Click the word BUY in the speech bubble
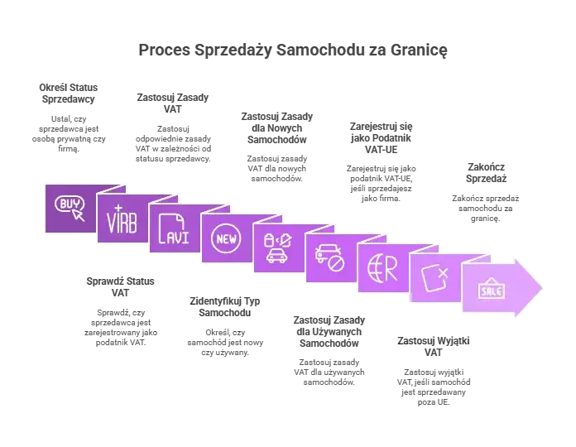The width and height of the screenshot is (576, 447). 67,203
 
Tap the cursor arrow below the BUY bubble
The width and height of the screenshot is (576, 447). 79,215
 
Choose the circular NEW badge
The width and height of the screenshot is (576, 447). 224,239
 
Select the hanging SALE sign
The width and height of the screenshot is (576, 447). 491,289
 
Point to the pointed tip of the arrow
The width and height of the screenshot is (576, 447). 542,287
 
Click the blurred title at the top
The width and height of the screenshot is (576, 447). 294,52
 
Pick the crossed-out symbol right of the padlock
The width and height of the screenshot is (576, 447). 286,240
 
